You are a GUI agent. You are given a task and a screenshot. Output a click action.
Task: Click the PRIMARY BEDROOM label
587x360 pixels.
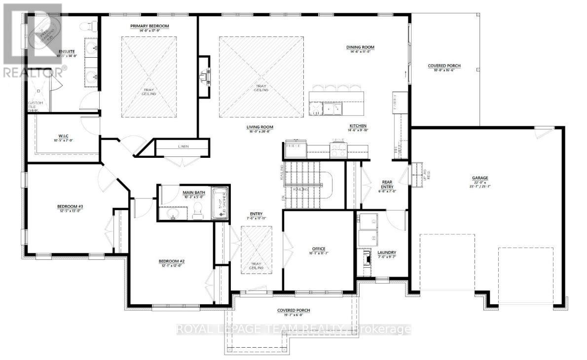[149, 26]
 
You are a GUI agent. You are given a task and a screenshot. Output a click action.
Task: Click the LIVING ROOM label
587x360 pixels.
[260, 127]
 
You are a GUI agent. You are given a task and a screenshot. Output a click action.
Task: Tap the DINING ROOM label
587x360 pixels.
[360, 47]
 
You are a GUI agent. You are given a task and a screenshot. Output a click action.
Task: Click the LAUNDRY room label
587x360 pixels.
[387, 252]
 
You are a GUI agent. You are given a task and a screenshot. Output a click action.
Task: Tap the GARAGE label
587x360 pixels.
[479, 178]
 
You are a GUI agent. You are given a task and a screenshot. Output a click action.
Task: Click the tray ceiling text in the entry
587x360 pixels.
[256, 265]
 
